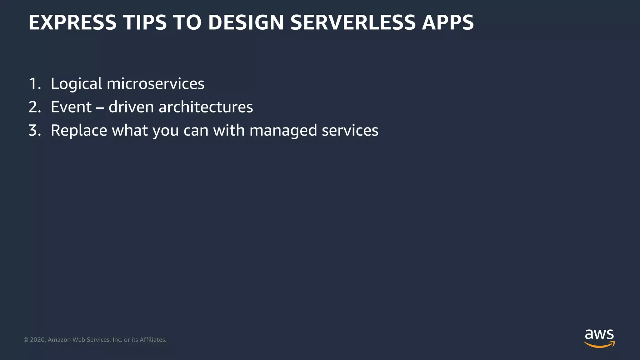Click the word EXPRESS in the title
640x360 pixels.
pos(72,22)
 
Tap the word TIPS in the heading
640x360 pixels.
pos(144,22)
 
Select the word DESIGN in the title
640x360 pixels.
pos(246,22)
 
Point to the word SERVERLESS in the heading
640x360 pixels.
pos(353,22)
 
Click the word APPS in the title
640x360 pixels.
pos(447,22)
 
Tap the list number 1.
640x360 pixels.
pos(34,84)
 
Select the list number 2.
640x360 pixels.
pos(34,107)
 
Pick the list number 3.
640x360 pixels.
pos(34,130)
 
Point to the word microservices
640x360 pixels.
pos(155,84)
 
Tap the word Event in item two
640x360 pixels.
pos(71,107)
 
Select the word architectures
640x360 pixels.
pos(206,107)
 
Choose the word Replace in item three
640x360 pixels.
pos(79,131)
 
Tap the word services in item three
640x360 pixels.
pos(350,131)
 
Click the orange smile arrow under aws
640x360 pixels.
pos(599,345)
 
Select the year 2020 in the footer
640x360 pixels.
pos(38,340)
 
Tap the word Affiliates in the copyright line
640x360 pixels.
pos(153,340)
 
